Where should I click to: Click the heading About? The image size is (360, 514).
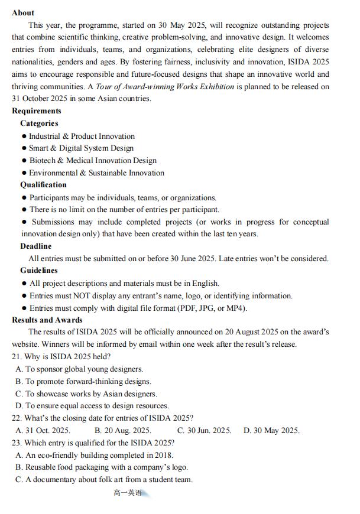[23, 12]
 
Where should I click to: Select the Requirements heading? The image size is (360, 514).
[36, 110]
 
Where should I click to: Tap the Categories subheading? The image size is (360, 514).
[39, 123]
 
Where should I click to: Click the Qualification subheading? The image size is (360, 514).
[43, 184]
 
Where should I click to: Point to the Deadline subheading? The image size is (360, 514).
[35, 246]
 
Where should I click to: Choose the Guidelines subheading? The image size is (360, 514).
[38, 270]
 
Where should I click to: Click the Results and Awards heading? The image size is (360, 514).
[47, 320]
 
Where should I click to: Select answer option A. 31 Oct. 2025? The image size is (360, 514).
[43, 430]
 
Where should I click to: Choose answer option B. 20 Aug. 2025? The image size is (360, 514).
[122, 430]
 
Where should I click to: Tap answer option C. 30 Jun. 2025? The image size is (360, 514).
[204, 430]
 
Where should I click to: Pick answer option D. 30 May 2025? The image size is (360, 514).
[271, 430]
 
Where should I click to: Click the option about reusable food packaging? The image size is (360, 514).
[102, 467]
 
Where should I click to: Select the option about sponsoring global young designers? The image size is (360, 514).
[79, 369]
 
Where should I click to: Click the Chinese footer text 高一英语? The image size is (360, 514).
[128, 493]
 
